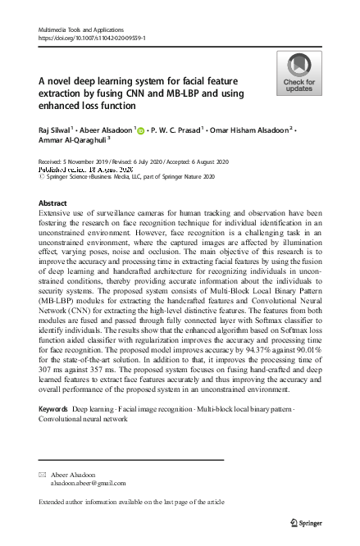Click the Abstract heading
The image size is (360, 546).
[52, 203]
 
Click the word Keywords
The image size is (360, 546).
[53, 407]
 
